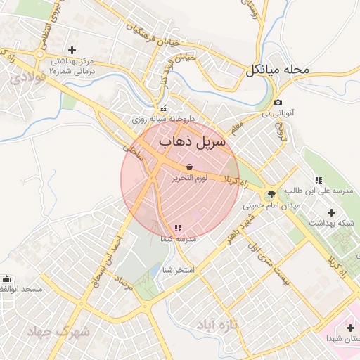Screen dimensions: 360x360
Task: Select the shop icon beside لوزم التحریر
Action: [188, 167]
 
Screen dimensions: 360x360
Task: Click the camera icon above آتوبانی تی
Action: [278, 103]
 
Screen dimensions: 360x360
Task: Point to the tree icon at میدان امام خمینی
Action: [271, 195]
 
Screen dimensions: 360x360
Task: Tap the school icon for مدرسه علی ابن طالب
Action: [319, 180]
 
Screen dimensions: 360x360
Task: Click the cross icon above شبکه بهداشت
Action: [332, 212]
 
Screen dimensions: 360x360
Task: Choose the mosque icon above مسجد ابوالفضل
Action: [7, 278]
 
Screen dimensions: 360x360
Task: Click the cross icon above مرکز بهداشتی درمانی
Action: [72, 50]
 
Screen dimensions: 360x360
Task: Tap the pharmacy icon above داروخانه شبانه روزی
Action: [164, 109]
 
